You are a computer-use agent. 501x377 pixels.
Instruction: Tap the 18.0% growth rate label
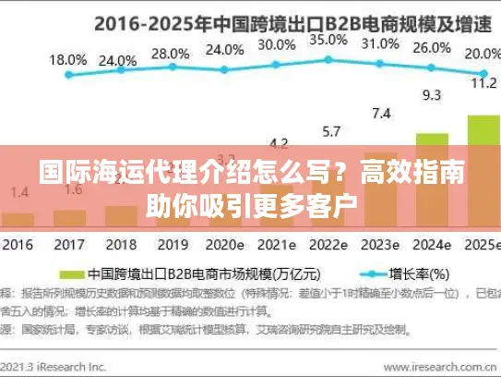67,59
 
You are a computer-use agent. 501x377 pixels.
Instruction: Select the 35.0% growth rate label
328,40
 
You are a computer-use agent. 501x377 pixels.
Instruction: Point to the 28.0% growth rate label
169,54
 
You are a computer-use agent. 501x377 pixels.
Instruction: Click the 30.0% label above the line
276,43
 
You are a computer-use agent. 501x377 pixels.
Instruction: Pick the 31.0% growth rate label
380,43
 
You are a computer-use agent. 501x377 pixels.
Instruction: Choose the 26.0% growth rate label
431,48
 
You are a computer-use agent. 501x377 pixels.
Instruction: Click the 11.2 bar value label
483,82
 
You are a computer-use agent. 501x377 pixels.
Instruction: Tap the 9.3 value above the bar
431,94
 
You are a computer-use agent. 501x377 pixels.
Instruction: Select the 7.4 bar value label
380,114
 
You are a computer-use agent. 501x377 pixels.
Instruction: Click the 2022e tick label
328,247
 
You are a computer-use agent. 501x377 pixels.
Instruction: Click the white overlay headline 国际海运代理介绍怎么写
250,173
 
